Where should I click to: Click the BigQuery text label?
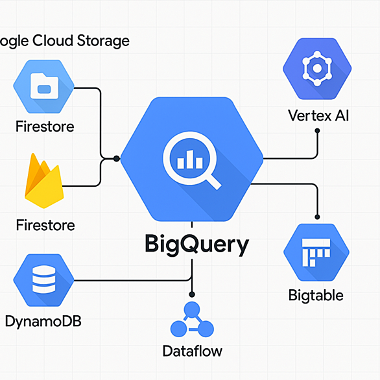(x=196, y=244)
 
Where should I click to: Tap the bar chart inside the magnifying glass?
(x=190, y=160)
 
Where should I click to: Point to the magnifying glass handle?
(x=213, y=182)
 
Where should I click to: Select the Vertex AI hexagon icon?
(x=317, y=69)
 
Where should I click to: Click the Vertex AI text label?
(x=318, y=115)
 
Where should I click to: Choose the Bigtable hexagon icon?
(x=316, y=252)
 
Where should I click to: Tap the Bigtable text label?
(x=316, y=296)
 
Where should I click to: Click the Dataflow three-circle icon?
(x=192, y=320)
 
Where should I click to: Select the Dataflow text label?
(x=193, y=351)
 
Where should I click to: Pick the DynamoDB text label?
(x=43, y=322)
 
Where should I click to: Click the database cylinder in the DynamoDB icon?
(x=44, y=279)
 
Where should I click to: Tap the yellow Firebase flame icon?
(x=44, y=181)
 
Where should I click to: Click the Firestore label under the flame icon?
(x=45, y=225)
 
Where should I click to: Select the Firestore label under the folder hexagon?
(x=45, y=126)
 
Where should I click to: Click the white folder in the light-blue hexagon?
(x=44, y=86)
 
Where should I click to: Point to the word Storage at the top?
(x=103, y=42)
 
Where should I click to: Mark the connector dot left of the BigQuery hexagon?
(x=117, y=159)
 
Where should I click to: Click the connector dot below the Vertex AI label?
(x=317, y=131)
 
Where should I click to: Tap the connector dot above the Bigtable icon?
(x=317, y=217)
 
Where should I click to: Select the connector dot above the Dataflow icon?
(x=192, y=294)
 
